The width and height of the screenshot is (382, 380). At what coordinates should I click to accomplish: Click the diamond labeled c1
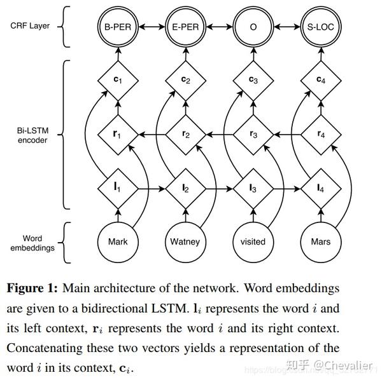pos(118,80)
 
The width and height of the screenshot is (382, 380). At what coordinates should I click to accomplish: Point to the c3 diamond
pos(253,80)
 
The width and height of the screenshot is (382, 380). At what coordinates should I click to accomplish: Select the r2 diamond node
pos(185,134)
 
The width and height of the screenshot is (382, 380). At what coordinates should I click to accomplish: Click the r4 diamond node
pos(320,134)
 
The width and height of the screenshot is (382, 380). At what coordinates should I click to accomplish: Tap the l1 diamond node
pos(118,188)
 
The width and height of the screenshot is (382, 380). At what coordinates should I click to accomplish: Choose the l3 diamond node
pos(253,188)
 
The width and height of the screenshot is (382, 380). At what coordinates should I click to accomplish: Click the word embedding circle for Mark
pos(118,241)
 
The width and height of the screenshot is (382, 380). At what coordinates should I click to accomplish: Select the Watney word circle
pos(185,241)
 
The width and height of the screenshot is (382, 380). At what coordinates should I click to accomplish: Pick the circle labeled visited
pos(253,241)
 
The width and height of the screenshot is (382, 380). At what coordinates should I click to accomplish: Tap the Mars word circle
pos(320,241)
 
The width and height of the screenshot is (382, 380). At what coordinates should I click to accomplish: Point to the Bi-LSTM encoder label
pos(29,134)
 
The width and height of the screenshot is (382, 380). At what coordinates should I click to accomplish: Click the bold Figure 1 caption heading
pos(32,288)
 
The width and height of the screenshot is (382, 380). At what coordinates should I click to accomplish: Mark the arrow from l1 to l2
pos(152,188)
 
